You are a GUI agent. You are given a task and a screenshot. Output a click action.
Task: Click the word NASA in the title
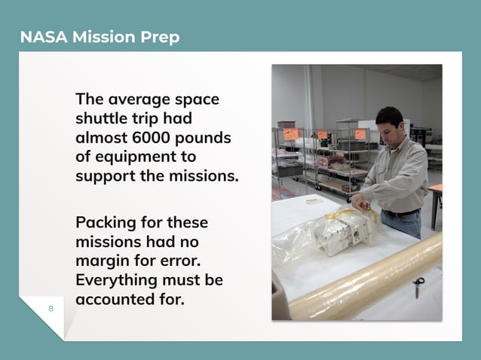(42, 37)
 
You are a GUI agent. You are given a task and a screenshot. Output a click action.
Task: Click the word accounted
(112, 299)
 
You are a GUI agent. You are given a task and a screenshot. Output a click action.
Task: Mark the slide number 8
(51, 309)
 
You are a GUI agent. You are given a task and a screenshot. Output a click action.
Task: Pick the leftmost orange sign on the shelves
(291, 134)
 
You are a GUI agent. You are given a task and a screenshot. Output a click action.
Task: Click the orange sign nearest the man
(360, 133)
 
